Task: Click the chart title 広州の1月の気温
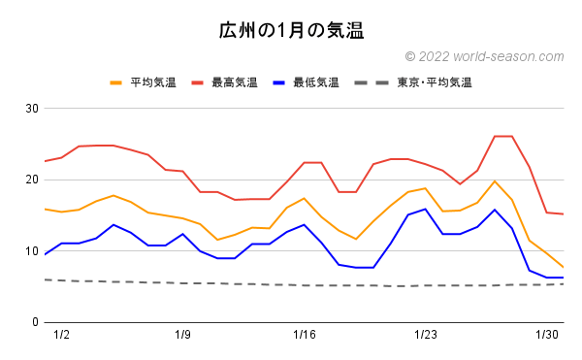291,30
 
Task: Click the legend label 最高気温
234,82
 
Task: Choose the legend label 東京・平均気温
434,82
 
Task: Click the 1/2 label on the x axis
62,335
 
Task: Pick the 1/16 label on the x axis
305,335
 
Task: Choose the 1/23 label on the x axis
426,335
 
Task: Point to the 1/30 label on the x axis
547,335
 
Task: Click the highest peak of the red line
503,136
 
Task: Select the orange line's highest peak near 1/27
495,181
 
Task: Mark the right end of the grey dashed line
564,284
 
